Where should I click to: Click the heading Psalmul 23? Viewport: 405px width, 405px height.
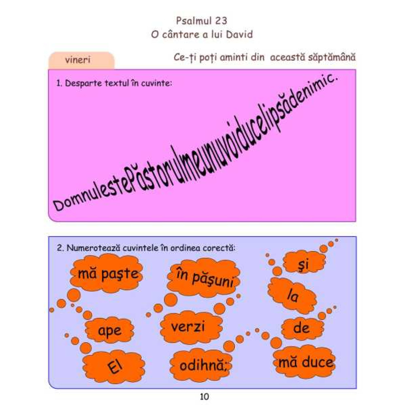click(x=201, y=21)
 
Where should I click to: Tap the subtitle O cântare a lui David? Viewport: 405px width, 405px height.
click(x=202, y=34)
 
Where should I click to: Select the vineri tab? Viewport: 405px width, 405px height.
click(x=81, y=60)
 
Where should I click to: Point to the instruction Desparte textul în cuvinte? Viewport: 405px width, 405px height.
click(x=114, y=83)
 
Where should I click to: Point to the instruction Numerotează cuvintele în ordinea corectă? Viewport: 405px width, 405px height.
click(x=146, y=248)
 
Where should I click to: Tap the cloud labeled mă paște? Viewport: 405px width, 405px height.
click(x=107, y=273)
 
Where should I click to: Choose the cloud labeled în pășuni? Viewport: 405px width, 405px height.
click(x=204, y=278)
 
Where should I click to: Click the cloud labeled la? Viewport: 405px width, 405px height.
click(x=292, y=295)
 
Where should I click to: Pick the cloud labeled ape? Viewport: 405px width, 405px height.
click(x=109, y=330)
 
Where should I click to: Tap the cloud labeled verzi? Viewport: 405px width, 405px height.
click(x=191, y=327)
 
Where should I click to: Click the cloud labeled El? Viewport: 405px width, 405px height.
click(x=114, y=366)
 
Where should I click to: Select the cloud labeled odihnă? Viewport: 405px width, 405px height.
click(x=201, y=365)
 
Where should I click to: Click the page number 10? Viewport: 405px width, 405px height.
click(x=204, y=396)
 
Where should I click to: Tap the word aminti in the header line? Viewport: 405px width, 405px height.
click(x=234, y=57)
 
